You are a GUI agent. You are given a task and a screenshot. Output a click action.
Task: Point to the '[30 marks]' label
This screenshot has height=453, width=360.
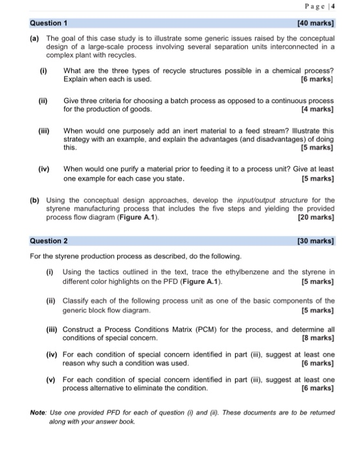(x=315, y=241)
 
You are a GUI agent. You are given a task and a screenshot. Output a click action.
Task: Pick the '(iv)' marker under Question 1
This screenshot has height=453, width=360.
(x=44, y=168)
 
